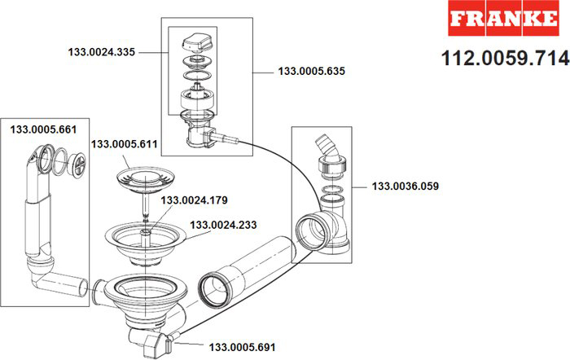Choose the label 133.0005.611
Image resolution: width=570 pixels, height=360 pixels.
click(125, 144)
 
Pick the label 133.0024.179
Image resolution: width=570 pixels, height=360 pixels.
click(194, 200)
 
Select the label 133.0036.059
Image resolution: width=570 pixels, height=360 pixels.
click(405, 186)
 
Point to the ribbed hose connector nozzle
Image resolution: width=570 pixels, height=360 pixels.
click(323, 150)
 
